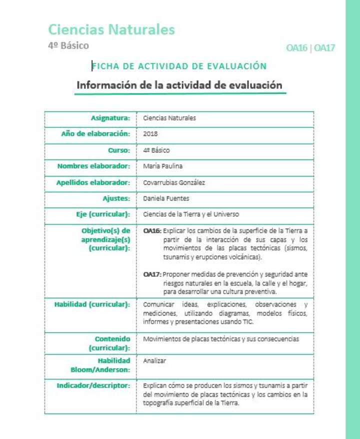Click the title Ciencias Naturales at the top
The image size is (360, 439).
[x=111, y=29]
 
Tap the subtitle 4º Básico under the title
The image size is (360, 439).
[x=68, y=45]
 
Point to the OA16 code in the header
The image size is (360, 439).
[x=297, y=48]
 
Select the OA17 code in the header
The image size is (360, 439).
[x=324, y=48]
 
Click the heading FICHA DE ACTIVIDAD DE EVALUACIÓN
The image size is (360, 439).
[x=179, y=66]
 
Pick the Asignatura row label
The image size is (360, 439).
[x=110, y=118]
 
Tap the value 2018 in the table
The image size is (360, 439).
[x=150, y=134]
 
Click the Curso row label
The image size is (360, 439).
[x=119, y=150]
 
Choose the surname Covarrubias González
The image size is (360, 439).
[x=174, y=182]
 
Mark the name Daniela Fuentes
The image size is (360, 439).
[x=166, y=198]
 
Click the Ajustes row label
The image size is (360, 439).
[x=116, y=198]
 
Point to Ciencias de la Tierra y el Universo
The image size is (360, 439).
[x=191, y=214]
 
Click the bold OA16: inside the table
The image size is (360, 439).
[x=152, y=231]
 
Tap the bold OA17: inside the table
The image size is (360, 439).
[x=152, y=274]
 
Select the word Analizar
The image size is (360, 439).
[x=154, y=360]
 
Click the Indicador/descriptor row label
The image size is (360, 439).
[x=93, y=385]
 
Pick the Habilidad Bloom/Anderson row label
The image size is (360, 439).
[x=100, y=365]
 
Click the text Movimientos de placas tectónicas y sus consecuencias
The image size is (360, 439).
[x=221, y=339]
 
